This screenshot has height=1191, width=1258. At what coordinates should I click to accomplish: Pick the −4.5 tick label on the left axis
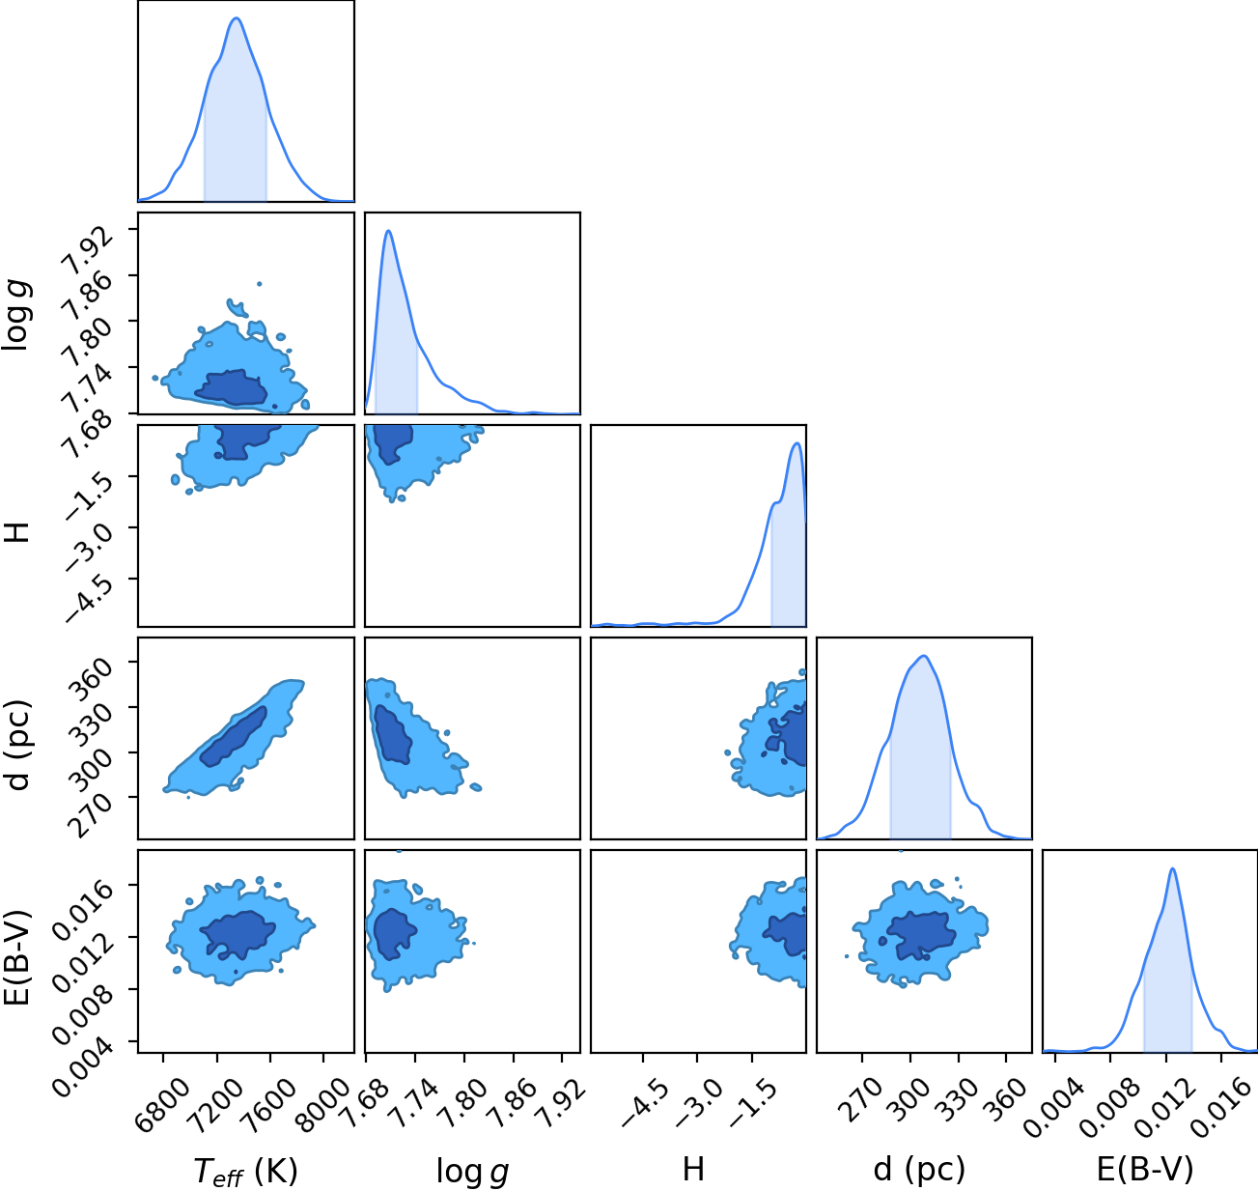tap(88, 597)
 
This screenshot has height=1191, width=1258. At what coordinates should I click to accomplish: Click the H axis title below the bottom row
tap(693, 1169)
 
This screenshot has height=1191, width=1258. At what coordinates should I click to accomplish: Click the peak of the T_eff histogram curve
tap(237, 18)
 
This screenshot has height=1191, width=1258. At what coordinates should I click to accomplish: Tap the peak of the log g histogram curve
tap(388, 231)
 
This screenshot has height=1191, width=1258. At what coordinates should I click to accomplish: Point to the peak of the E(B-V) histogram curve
tap(1172, 868)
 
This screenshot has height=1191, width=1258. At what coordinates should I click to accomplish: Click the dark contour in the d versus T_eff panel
tap(233, 736)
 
